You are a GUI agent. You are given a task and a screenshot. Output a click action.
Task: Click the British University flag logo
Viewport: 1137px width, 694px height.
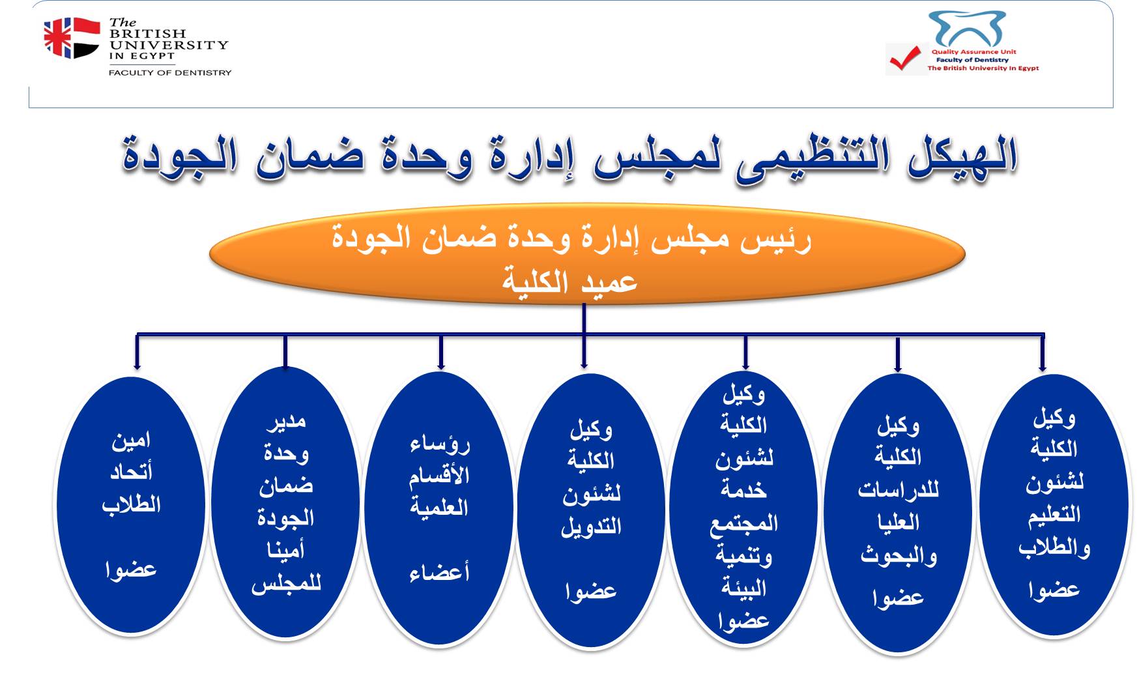tap(72, 38)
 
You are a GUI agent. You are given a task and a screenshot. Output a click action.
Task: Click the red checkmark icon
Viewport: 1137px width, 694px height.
tap(906, 59)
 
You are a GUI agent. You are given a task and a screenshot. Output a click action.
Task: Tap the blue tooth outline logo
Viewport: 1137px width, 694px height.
tap(967, 29)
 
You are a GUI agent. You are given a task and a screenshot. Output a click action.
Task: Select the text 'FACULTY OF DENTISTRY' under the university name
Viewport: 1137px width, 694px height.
tap(170, 72)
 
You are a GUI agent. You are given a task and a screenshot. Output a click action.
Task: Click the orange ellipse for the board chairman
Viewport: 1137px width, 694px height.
tap(586, 254)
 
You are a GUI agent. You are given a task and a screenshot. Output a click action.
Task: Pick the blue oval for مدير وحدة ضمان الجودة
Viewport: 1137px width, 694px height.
tap(285, 502)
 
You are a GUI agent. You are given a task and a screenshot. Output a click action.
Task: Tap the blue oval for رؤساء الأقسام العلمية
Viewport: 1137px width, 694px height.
tap(439, 509)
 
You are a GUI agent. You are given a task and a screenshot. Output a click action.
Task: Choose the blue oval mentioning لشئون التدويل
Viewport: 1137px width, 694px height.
tap(591, 511)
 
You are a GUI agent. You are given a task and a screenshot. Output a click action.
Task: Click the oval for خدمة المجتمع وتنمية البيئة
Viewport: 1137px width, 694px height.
tap(743, 508)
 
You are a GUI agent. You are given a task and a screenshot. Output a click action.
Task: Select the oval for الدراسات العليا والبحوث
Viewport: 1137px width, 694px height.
tap(898, 513)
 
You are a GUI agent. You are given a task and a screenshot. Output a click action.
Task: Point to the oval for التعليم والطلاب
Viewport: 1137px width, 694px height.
tap(1054, 506)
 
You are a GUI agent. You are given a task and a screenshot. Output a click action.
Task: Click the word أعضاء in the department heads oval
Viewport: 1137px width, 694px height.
tap(440, 573)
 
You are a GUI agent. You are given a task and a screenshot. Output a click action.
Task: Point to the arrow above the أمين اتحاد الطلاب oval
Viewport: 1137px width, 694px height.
tap(137, 352)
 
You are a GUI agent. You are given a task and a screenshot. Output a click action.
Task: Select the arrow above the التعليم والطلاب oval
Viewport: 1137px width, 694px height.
tap(1042, 353)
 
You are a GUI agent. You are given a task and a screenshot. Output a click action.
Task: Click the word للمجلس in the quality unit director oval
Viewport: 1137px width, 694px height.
tap(286, 583)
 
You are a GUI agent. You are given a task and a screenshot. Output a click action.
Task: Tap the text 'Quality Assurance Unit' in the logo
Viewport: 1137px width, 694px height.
tap(973, 52)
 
